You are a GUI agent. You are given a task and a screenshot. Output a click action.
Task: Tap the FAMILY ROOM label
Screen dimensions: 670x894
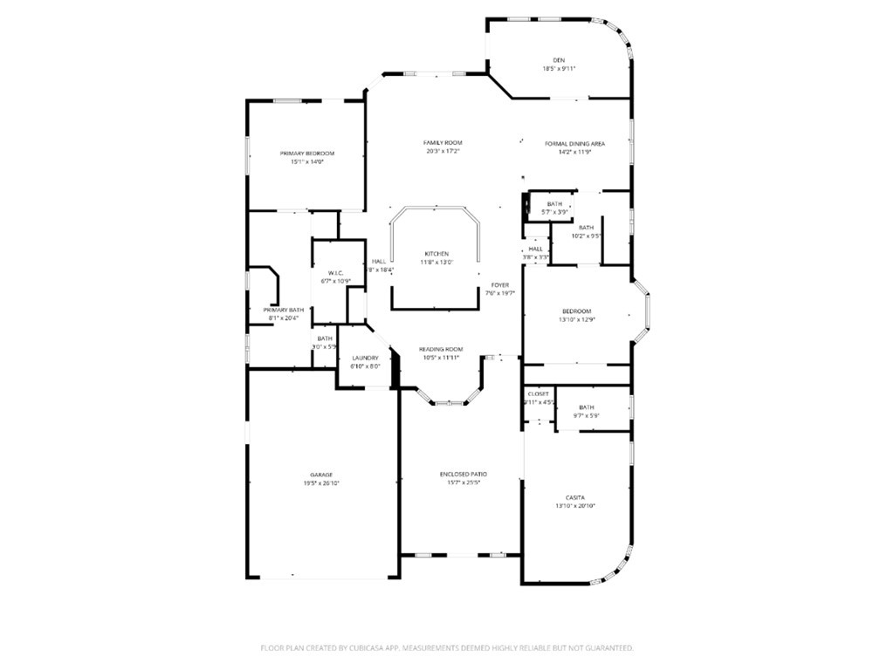443,142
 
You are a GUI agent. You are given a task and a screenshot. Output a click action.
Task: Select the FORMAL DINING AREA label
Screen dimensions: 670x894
575,143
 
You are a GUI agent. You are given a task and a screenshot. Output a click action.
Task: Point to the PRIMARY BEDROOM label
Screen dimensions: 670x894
307,154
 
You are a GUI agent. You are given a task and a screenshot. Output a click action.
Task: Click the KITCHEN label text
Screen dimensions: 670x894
437,254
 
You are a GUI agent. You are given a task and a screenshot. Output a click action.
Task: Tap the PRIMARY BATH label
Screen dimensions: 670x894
284,310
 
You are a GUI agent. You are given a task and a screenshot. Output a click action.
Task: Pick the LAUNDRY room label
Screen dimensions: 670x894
365,359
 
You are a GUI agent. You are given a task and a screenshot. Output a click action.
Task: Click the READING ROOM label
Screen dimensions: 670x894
441,349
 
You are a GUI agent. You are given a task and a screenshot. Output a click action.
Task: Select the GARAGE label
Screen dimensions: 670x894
321,475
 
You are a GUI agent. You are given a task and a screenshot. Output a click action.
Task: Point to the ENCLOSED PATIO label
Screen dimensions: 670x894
464,474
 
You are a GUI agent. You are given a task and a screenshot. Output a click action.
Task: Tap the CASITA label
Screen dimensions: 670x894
575,497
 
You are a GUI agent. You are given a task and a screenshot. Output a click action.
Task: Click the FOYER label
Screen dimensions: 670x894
500,284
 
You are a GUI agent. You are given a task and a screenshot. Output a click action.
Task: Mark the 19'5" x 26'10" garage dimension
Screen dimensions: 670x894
321,482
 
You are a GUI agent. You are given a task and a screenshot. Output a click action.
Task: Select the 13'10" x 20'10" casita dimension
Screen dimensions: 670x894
575,506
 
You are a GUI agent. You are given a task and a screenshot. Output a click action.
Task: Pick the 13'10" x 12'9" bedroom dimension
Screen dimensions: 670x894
576,319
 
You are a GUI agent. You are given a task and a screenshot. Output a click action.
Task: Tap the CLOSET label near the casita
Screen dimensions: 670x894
539,394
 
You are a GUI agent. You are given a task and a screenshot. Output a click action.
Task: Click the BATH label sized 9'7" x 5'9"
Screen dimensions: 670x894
586,407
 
